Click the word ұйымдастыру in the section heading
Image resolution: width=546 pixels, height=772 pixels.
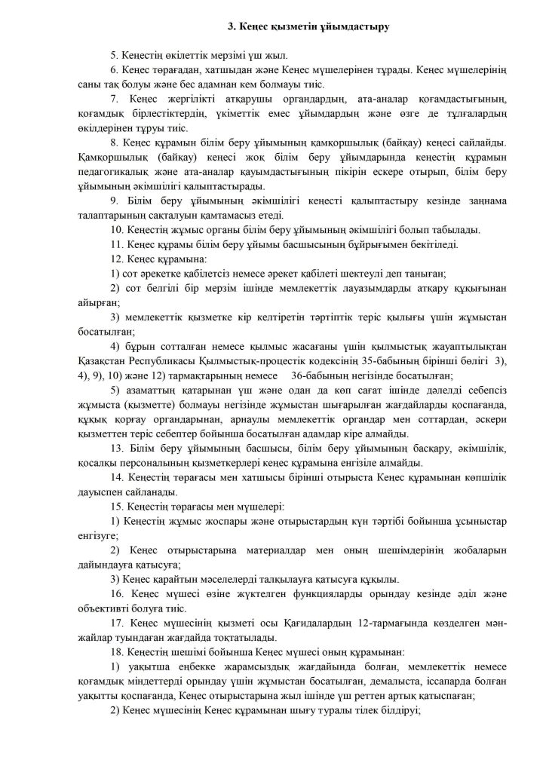(360, 27)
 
